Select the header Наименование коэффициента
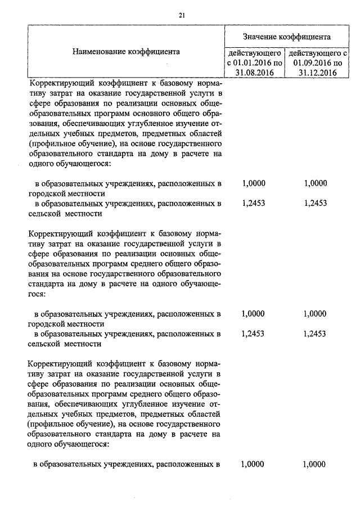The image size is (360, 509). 126,52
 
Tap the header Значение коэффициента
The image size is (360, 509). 286,37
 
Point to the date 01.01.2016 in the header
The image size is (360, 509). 249,62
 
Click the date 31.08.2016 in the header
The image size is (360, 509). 253,73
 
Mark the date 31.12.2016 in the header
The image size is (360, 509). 314,73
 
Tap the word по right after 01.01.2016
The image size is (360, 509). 276,62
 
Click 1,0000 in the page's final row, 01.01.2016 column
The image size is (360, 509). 253,464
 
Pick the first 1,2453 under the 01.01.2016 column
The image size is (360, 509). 253,204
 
